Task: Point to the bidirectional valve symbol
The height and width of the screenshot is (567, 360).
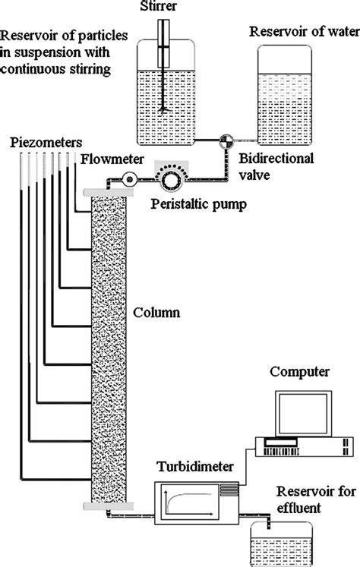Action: click(226, 140)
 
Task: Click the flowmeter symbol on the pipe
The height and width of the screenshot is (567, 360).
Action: click(128, 180)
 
